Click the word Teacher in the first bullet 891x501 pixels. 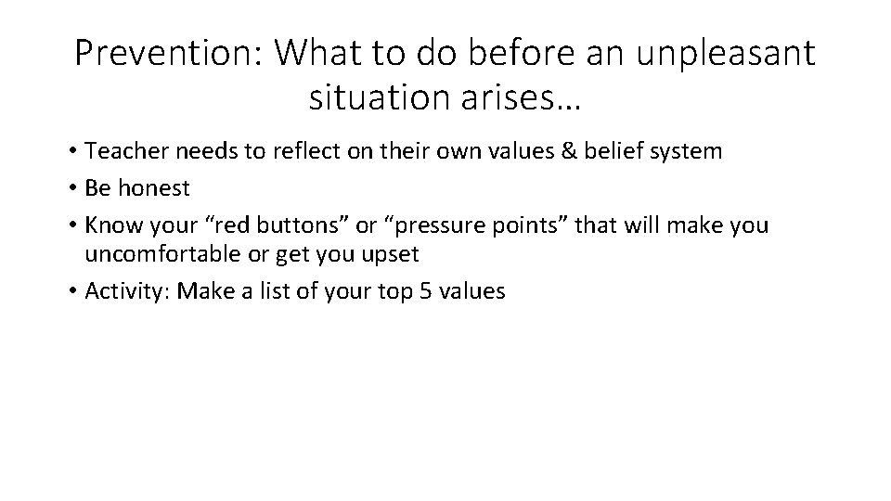[119, 151]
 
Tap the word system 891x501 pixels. [685, 152]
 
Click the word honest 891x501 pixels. [151, 188]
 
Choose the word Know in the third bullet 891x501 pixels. [109, 225]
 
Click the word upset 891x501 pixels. [394, 253]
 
